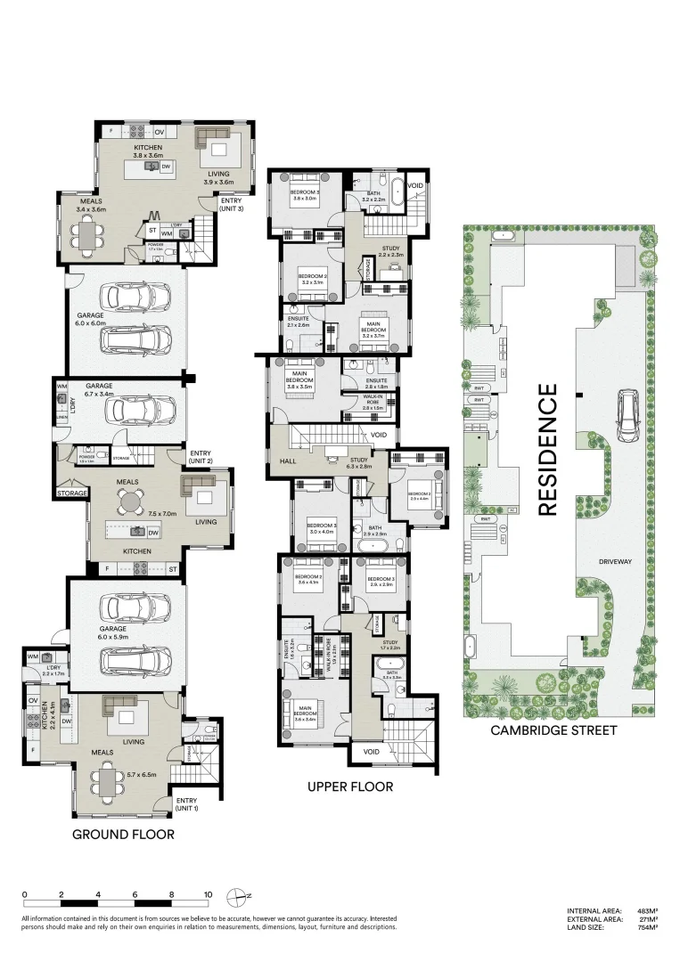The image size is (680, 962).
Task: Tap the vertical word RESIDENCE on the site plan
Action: [547, 449]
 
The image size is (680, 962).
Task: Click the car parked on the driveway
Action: [628, 416]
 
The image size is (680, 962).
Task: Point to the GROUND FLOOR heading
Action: [123, 835]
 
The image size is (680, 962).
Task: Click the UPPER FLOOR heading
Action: [350, 787]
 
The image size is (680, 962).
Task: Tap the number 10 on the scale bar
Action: [208, 894]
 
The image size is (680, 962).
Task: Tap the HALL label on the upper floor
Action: [287, 461]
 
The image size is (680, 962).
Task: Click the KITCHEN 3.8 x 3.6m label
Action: [151, 151]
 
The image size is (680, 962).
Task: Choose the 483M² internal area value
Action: [648, 911]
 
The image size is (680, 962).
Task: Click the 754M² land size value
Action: [648, 927]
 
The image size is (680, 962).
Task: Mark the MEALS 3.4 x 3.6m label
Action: [91, 206]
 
